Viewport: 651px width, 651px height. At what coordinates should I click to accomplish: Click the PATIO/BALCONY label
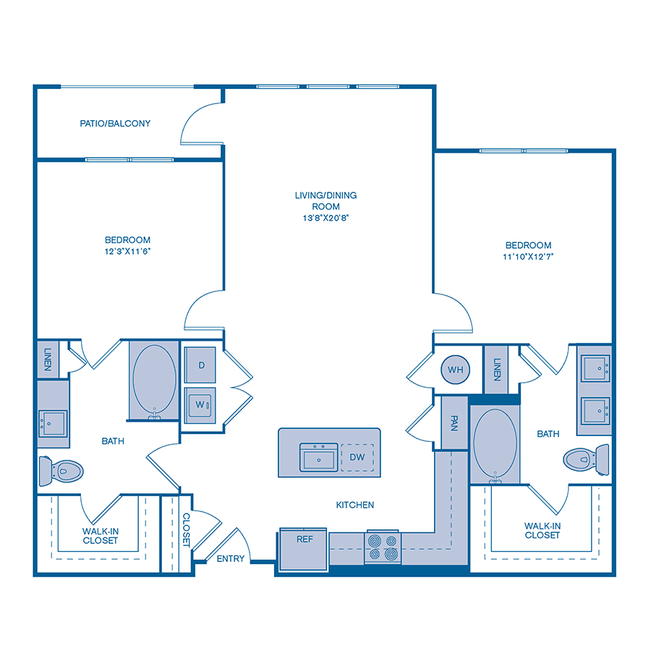(x=115, y=123)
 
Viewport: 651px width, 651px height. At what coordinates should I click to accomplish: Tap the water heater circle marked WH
(x=456, y=370)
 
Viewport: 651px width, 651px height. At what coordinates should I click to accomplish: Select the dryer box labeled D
(x=200, y=365)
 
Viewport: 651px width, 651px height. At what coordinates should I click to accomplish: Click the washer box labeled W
(x=200, y=405)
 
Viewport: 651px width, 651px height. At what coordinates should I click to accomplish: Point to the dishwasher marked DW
(x=357, y=457)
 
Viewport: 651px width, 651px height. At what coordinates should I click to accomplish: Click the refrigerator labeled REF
(x=304, y=549)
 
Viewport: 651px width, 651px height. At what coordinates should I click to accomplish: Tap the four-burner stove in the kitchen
(x=383, y=547)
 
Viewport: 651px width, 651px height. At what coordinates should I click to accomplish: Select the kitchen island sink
(x=319, y=457)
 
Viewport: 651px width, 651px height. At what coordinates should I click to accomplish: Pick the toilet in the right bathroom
(x=586, y=459)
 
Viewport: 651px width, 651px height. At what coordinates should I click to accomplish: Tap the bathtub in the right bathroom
(x=495, y=444)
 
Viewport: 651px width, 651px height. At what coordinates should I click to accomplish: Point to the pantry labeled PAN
(x=455, y=422)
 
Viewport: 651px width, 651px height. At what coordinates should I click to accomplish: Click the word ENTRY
(x=231, y=559)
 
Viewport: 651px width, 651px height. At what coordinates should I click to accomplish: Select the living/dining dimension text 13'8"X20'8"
(x=325, y=218)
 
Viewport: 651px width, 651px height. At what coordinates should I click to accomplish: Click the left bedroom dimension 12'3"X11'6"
(x=127, y=251)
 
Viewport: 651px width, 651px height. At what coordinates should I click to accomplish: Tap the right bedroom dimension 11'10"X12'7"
(x=528, y=257)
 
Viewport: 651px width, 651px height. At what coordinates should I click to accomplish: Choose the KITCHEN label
(x=355, y=505)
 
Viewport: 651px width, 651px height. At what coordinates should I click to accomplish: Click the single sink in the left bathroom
(x=53, y=423)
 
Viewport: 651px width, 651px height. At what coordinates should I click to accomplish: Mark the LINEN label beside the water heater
(x=496, y=370)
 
